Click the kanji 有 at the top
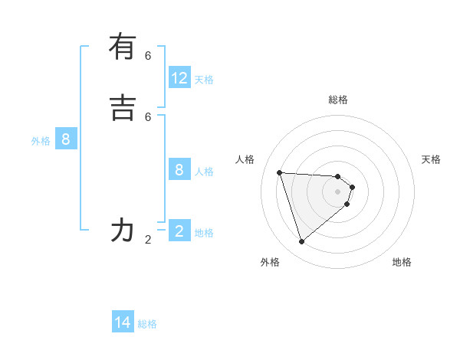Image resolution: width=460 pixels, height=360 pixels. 123,47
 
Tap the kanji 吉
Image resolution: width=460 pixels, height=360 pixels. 123,108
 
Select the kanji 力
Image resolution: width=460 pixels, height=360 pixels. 123,230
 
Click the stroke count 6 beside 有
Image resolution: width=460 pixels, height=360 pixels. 148,55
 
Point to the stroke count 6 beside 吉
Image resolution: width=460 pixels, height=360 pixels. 148,116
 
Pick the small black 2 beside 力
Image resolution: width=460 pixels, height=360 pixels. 148,239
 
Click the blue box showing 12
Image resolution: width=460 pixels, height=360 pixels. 179,78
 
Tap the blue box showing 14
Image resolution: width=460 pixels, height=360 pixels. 123,322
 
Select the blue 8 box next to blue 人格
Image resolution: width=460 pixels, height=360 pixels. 179,170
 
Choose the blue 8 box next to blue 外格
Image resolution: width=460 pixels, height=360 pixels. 66,139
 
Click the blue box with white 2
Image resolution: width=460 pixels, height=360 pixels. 179,231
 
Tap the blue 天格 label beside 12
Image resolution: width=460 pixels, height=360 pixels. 204,79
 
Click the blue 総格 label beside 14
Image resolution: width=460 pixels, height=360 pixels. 147,323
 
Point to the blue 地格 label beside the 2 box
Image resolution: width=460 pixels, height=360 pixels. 204,232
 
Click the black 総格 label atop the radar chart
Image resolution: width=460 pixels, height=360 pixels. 338,100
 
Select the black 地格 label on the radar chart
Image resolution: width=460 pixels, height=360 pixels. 402,262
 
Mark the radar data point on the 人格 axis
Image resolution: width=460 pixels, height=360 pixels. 279,172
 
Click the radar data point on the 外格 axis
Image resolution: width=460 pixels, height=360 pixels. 301,242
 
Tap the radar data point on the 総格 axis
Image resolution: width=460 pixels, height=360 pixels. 338,175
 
